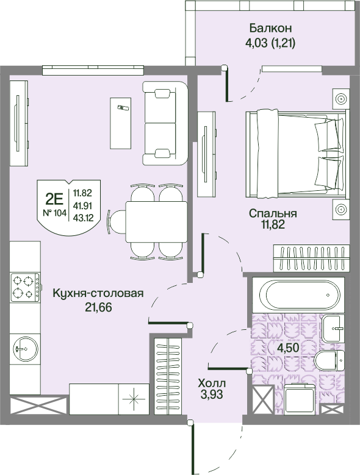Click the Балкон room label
tap(270, 28)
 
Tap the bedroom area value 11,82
tap(273, 224)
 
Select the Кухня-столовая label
tap(98, 293)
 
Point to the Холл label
tap(212, 384)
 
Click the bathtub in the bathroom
tap(298, 295)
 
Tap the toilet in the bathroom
tap(329, 360)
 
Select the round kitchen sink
tap(26, 348)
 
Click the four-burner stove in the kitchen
tap(25, 287)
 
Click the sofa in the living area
tap(165, 123)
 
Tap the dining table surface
tap(156, 222)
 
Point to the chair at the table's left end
tap(116, 222)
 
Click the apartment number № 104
tap(54, 213)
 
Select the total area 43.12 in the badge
tap(83, 218)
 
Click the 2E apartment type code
tap(54, 199)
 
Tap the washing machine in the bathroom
tap(299, 399)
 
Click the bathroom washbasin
tap(333, 328)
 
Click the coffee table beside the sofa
tap(121, 123)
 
